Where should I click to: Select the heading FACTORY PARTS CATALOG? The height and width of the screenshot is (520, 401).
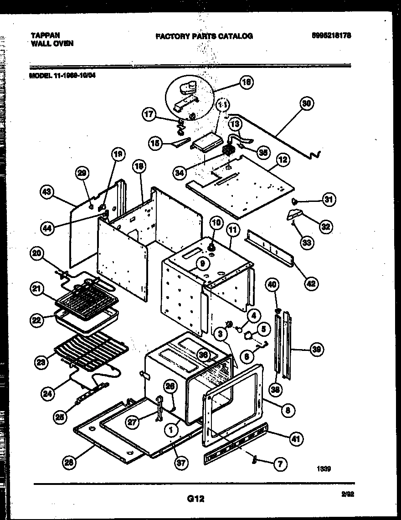click(204, 36)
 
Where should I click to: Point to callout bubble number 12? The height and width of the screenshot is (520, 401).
click(283, 160)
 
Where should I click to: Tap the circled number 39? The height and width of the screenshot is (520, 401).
click(315, 350)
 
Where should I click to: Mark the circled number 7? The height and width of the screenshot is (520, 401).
click(280, 464)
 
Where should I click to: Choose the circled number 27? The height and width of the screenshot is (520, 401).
click(132, 422)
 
